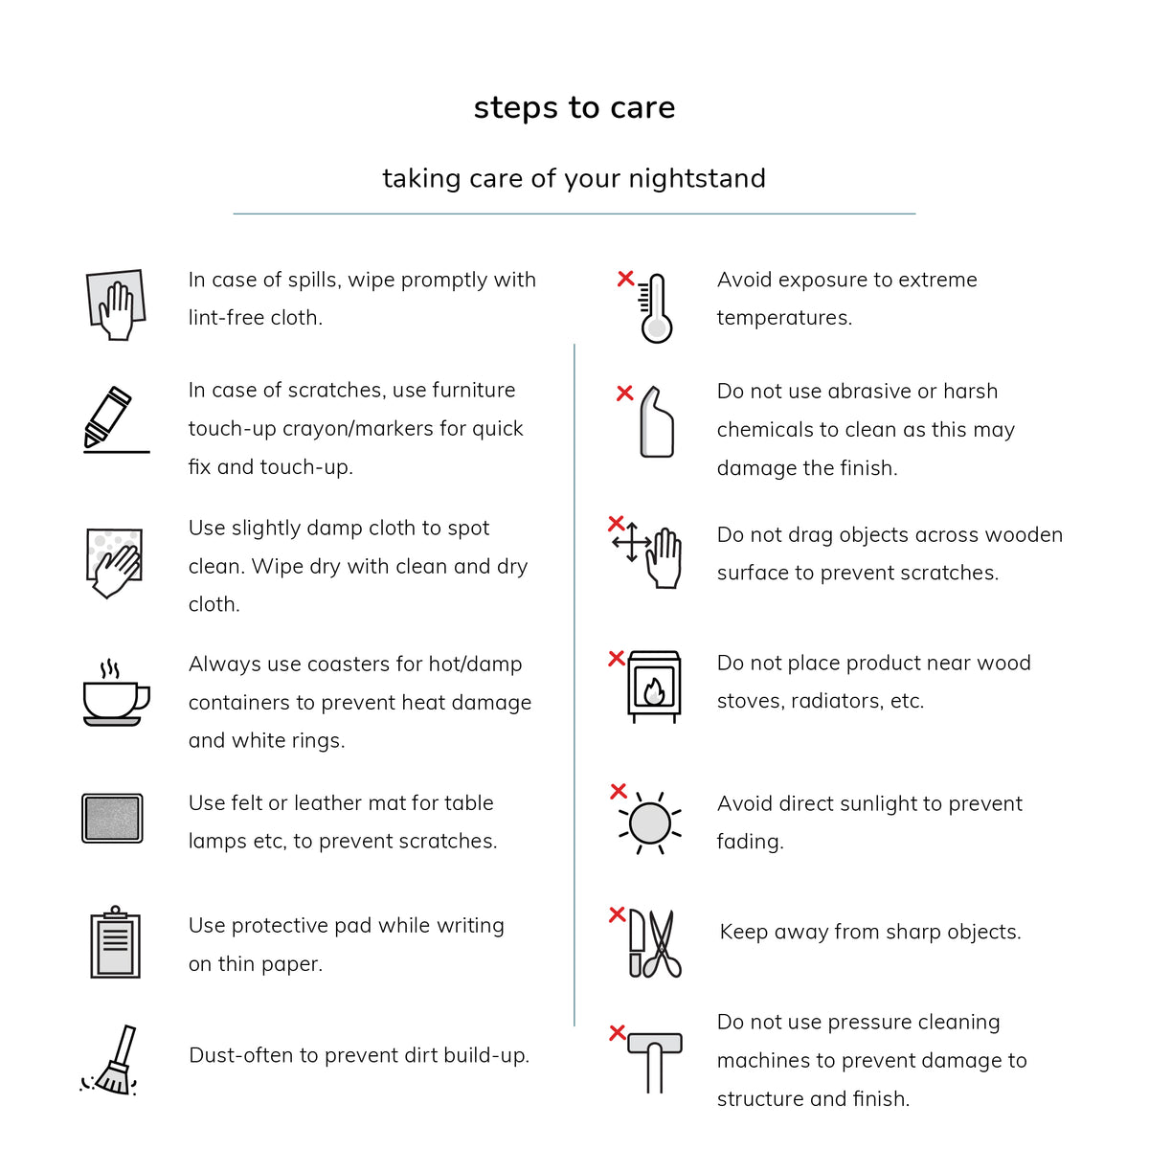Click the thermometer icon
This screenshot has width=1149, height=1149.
(655, 308)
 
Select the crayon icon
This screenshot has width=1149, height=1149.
(108, 417)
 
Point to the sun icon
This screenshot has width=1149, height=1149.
(650, 823)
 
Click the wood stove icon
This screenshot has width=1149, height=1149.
(654, 687)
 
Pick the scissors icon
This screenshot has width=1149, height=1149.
(662, 943)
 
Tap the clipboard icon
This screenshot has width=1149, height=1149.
(115, 941)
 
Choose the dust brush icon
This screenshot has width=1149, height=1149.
(109, 1061)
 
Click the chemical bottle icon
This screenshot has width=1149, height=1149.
(657, 421)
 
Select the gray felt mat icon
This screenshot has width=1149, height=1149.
(112, 818)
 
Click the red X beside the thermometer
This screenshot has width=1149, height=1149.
(625, 279)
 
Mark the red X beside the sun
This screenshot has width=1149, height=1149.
(619, 791)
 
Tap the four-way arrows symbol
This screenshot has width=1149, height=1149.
(632, 543)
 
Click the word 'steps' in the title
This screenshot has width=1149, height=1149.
(516, 108)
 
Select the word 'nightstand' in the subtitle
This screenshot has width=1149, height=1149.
(697, 178)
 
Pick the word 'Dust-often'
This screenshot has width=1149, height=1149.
(241, 1055)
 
